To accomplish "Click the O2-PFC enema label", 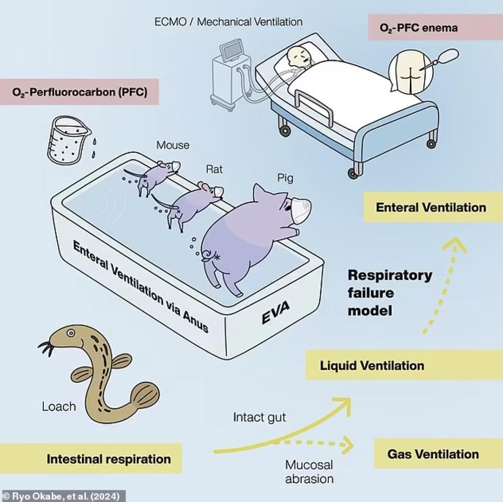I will click(418, 27).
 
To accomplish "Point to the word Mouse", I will click(173, 145).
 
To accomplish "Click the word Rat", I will click(214, 169).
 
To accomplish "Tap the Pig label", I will click(285, 178).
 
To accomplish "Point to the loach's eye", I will click(70, 333).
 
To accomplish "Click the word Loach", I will click(59, 406).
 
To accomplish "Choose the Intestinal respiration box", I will click(109, 459).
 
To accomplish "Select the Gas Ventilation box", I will click(433, 454).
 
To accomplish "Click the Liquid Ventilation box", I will click(372, 366).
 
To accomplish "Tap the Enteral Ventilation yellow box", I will click(431, 207).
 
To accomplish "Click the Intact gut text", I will click(259, 417).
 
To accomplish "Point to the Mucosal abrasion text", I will click(309, 471).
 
